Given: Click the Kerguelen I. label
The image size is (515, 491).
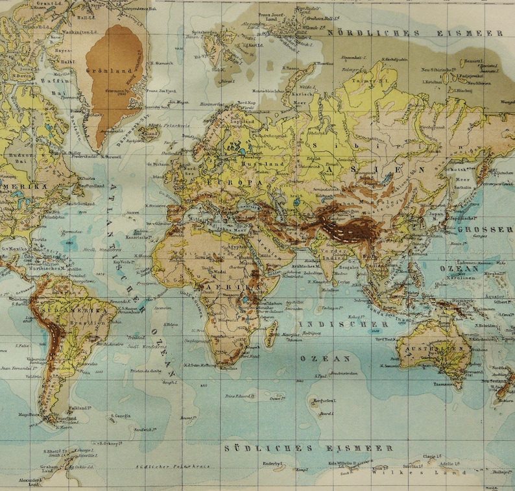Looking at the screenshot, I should pos(323,401).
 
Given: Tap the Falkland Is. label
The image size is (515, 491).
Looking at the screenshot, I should pos(78,409).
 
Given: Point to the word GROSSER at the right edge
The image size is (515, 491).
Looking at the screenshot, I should pos(485,229).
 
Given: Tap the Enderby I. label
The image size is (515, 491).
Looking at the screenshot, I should pos(273,463).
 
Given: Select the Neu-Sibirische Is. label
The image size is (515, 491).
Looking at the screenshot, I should pos(435,69).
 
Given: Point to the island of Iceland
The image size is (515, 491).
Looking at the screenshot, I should pos(150,135).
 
